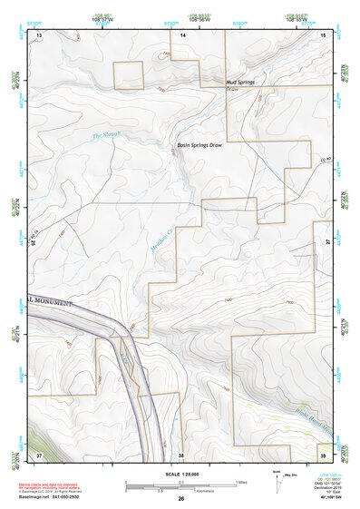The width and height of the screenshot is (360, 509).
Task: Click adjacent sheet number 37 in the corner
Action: [x=39, y=452]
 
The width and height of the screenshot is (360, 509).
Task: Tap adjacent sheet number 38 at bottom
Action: [x=181, y=453]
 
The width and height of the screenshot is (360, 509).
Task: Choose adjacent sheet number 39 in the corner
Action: [x=323, y=452]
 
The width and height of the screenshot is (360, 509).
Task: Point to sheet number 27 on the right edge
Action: [x=326, y=242]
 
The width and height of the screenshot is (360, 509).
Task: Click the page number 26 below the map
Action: [x=181, y=500]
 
